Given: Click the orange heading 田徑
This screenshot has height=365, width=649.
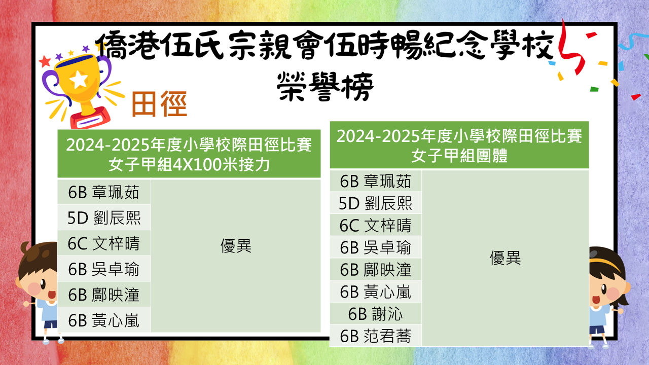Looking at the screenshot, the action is (x=159, y=104).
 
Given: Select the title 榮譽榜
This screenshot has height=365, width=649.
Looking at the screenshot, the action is (x=325, y=86).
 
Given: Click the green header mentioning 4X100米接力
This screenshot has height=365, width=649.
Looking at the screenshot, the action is (x=189, y=154).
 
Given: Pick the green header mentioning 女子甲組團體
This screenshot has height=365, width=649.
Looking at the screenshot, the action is (x=459, y=145).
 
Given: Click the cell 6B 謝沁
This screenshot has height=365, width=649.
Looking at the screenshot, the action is (x=376, y=314).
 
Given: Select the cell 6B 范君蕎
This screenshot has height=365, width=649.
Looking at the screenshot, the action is (x=376, y=336).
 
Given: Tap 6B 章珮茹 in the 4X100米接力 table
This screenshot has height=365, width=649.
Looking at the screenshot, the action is (x=104, y=192).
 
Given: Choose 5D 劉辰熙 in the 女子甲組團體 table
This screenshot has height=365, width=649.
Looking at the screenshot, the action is (x=376, y=203).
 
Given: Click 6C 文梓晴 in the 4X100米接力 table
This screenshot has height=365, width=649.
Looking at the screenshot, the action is (x=104, y=243).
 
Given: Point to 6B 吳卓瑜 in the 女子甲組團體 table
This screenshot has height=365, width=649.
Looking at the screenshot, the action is (x=376, y=248).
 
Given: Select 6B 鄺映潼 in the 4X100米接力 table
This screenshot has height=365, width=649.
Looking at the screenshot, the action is (x=104, y=295).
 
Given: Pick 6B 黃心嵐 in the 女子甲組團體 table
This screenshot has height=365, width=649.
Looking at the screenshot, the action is (x=376, y=291).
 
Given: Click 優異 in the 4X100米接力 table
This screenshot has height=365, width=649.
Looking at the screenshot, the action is (x=236, y=246).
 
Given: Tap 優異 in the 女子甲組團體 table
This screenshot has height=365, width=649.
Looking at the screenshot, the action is (x=506, y=258).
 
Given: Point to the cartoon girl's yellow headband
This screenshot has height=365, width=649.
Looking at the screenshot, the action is (x=605, y=263).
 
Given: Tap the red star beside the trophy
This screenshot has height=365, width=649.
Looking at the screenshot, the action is (x=45, y=61).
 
